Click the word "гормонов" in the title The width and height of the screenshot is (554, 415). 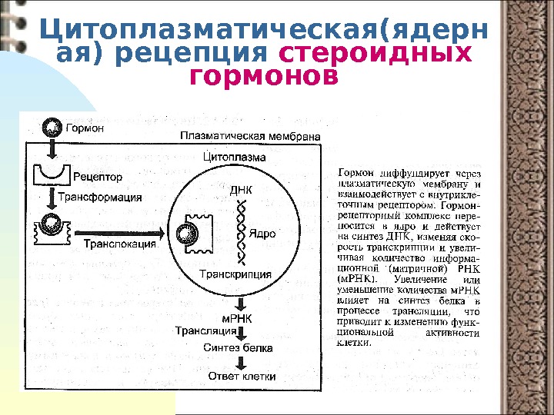(x=262, y=77)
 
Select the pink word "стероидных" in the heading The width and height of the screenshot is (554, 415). (x=375, y=54)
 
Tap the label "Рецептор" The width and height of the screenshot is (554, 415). (x=98, y=177)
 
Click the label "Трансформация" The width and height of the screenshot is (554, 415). (x=100, y=197)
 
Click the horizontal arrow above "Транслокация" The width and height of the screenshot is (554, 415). (x=115, y=231)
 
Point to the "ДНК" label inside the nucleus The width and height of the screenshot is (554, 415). (x=241, y=188)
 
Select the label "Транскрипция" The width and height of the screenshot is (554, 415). (x=235, y=274)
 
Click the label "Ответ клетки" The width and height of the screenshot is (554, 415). (x=242, y=377)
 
